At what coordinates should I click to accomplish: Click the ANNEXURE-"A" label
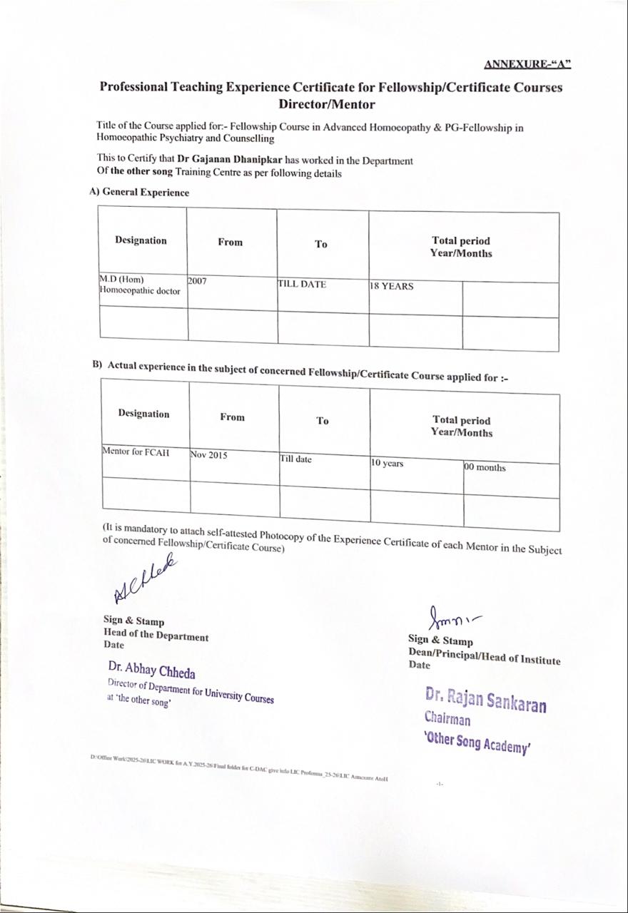coord(527,64)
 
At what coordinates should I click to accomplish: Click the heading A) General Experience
coord(139,192)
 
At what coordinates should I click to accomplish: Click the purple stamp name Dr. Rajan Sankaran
coord(486,700)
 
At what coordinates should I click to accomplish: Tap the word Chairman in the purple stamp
coord(447,718)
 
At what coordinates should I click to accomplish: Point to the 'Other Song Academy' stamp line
coord(477,742)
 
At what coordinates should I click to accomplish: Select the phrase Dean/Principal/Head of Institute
coord(485,658)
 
